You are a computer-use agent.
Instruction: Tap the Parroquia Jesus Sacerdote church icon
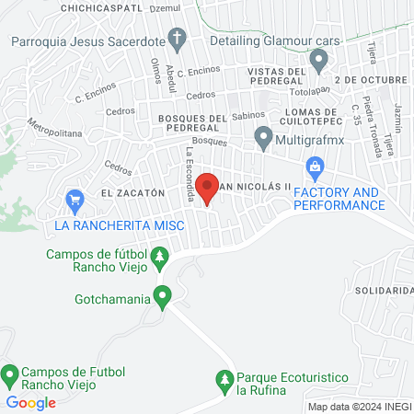tap(180, 40)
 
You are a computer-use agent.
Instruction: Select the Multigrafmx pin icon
tap(264, 139)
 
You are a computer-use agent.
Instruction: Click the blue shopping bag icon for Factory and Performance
tap(316, 167)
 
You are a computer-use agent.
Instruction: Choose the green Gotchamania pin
tap(163, 296)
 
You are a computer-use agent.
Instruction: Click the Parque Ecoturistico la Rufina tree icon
tap(223, 378)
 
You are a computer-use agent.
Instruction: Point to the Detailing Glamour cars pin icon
tap(319, 62)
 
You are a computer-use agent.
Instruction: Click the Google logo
tap(31, 402)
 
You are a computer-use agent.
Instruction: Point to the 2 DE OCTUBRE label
tap(371, 81)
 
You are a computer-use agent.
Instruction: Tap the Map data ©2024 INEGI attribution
tap(358, 407)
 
